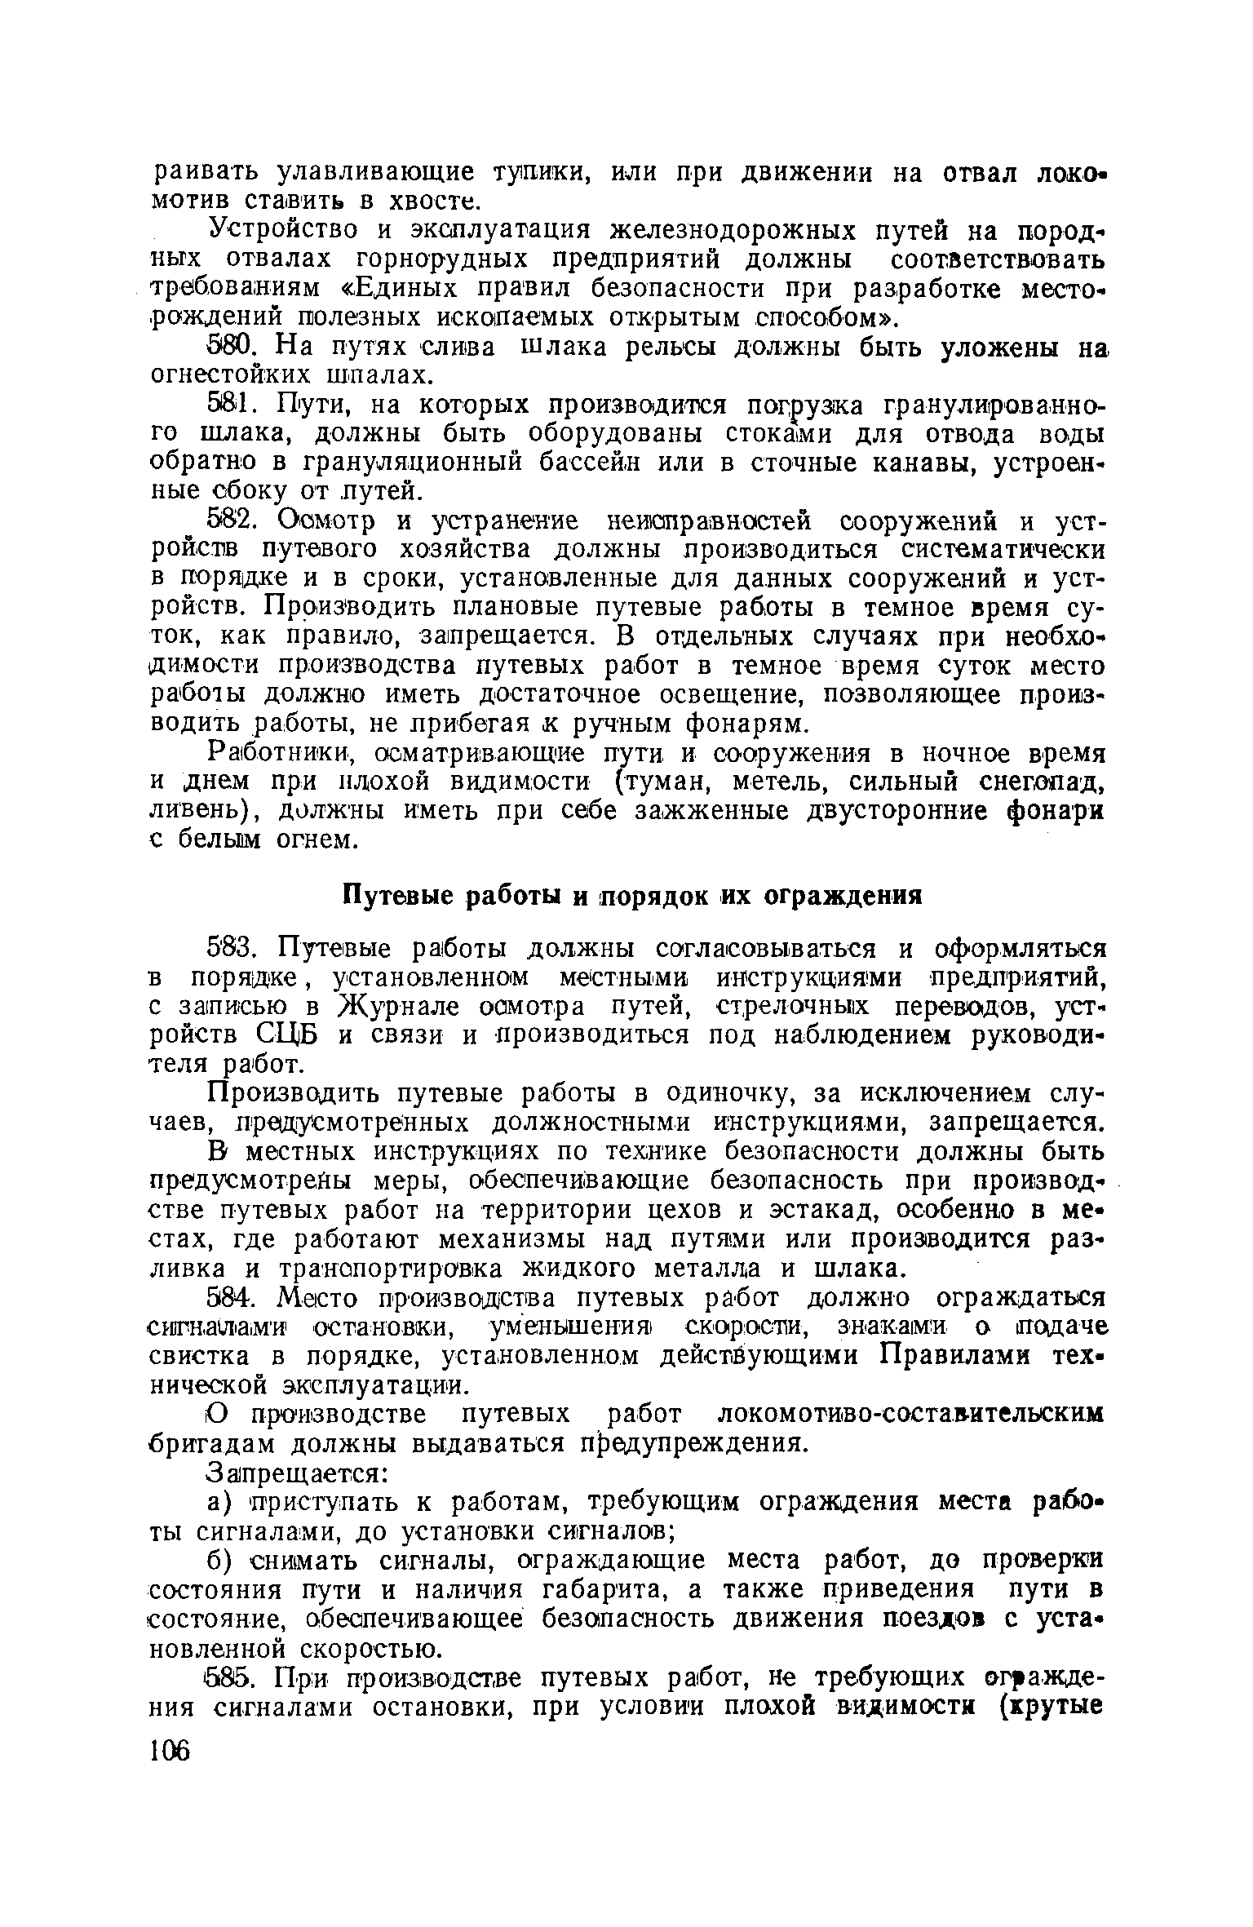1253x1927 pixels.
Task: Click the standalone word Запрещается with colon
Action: pyautogui.click(x=299, y=1473)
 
